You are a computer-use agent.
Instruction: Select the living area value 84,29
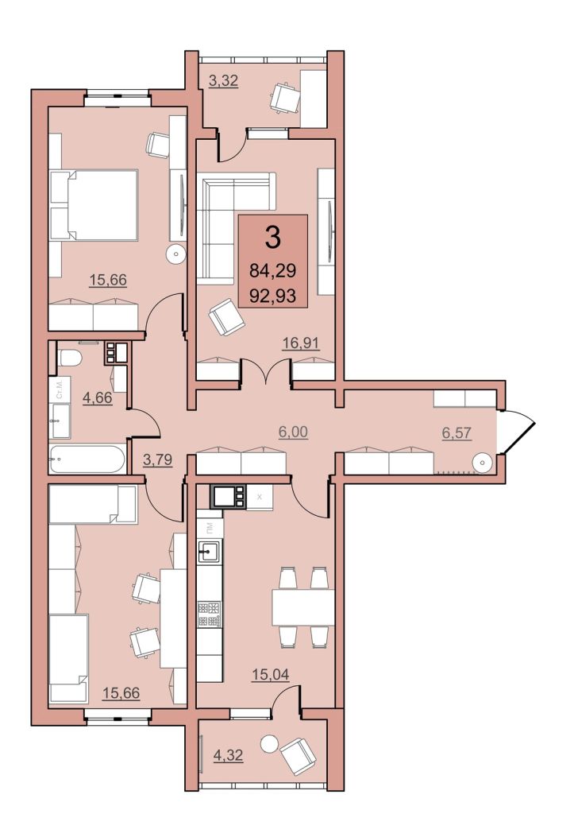point(272,271)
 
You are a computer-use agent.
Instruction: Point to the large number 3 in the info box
point(272,237)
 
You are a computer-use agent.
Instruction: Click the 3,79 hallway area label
point(158,459)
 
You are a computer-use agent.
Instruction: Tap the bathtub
point(87,459)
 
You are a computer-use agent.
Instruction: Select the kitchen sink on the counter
point(210,550)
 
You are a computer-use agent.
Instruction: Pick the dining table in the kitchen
point(302,607)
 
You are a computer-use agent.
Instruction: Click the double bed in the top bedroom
point(94,205)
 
